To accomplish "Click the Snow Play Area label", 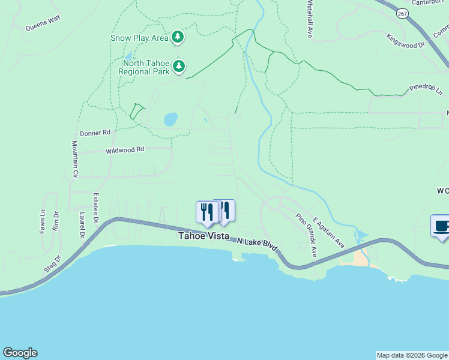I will click(x=139, y=38).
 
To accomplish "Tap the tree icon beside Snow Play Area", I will click(x=178, y=37).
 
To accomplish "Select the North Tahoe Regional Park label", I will click(x=146, y=67).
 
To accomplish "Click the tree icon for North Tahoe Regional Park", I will click(x=179, y=67).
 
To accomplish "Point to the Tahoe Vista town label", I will click(x=203, y=236).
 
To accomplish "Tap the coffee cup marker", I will click(x=441, y=227).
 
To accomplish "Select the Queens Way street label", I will click(x=43, y=23).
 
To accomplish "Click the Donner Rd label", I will click(x=95, y=132).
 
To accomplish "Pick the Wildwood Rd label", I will click(x=125, y=149).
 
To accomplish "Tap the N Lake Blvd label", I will click(x=258, y=244).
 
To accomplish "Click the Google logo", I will click(x=20, y=353).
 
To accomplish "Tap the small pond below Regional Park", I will click(x=171, y=119).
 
